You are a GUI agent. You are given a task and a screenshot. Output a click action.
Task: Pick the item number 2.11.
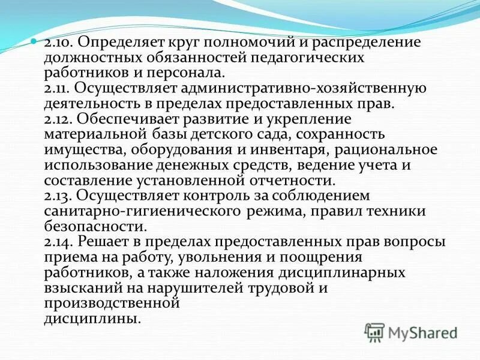tap(57, 89)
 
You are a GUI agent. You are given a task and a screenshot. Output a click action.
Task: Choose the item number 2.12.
tap(57, 118)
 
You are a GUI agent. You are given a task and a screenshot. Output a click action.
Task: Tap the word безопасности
tap(94, 226)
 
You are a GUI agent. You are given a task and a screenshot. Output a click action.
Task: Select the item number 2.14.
tap(58, 242)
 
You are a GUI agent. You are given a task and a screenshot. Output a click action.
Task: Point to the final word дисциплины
tap(92, 318)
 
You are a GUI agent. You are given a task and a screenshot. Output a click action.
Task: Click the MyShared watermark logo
tap(411, 332)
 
